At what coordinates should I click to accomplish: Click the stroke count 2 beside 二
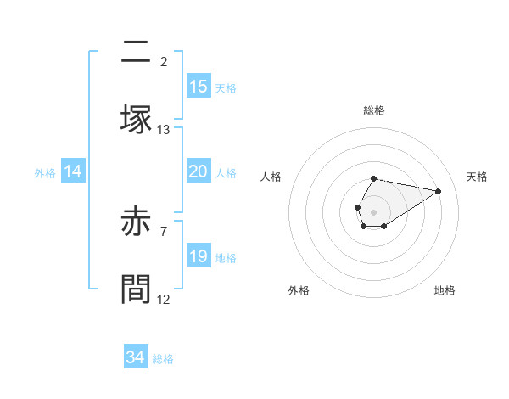coord(164,61)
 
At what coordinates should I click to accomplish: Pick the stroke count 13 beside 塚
coord(164,129)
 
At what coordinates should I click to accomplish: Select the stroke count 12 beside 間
coord(164,299)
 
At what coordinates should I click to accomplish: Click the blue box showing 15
coord(199,86)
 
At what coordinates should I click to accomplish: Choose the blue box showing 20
coord(199,171)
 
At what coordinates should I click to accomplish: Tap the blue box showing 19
coord(199,256)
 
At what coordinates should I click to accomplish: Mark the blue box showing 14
coord(73,171)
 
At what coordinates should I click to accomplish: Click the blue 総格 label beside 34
coord(163,359)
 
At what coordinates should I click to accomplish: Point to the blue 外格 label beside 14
coord(45,173)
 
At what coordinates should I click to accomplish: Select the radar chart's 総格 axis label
coord(374,110)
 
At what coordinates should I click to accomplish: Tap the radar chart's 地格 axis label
coord(445,290)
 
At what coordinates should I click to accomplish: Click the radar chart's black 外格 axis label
coord(299,290)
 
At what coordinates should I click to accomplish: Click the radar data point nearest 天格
coord(439,191)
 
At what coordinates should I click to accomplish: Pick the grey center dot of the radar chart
coord(373,211)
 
